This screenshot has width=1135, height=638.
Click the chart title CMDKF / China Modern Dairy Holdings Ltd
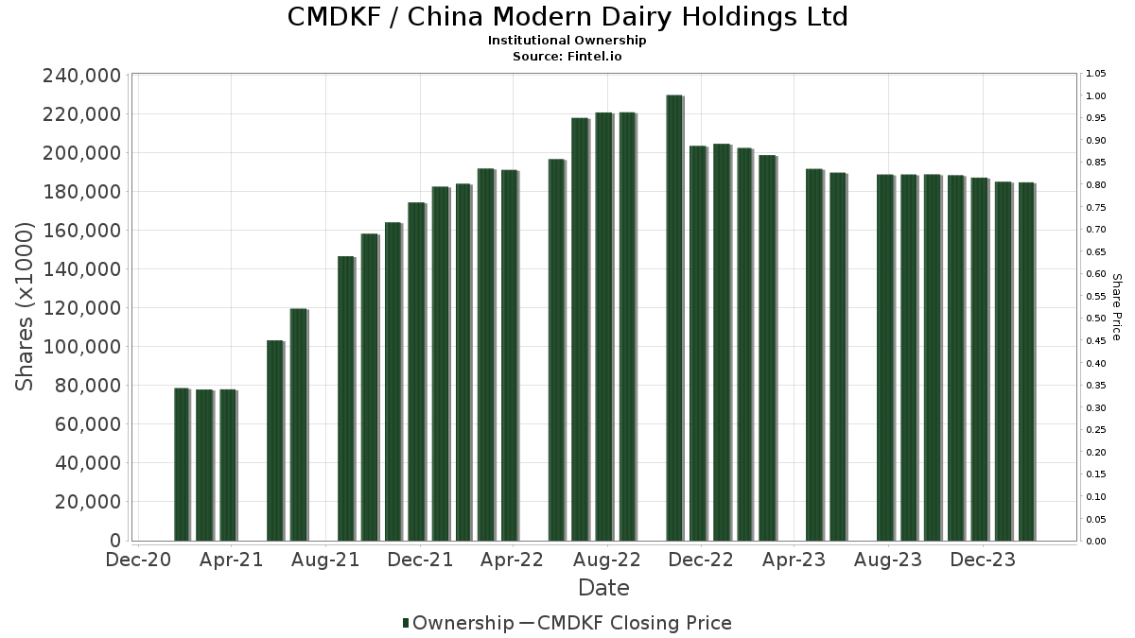(567, 17)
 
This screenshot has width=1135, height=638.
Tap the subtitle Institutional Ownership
(567, 41)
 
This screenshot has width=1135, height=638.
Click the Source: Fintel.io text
(567, 56)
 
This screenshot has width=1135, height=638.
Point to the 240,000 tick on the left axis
(82, 76)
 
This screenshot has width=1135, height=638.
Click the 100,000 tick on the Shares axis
(82, 347)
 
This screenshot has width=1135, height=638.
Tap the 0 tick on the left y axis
(115, 541)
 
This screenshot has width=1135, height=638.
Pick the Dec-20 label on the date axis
(138, 560)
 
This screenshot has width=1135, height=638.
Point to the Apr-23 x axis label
(794, 560)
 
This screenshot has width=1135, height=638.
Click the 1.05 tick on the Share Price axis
(1096, 74)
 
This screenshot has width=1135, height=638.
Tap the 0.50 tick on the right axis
(1096, 319)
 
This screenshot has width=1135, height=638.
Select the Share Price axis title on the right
(1116, 307)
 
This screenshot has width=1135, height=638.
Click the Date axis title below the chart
(603, 588)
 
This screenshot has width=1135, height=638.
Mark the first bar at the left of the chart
(181, 464)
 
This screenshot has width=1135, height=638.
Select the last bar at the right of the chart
(1026, 362)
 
